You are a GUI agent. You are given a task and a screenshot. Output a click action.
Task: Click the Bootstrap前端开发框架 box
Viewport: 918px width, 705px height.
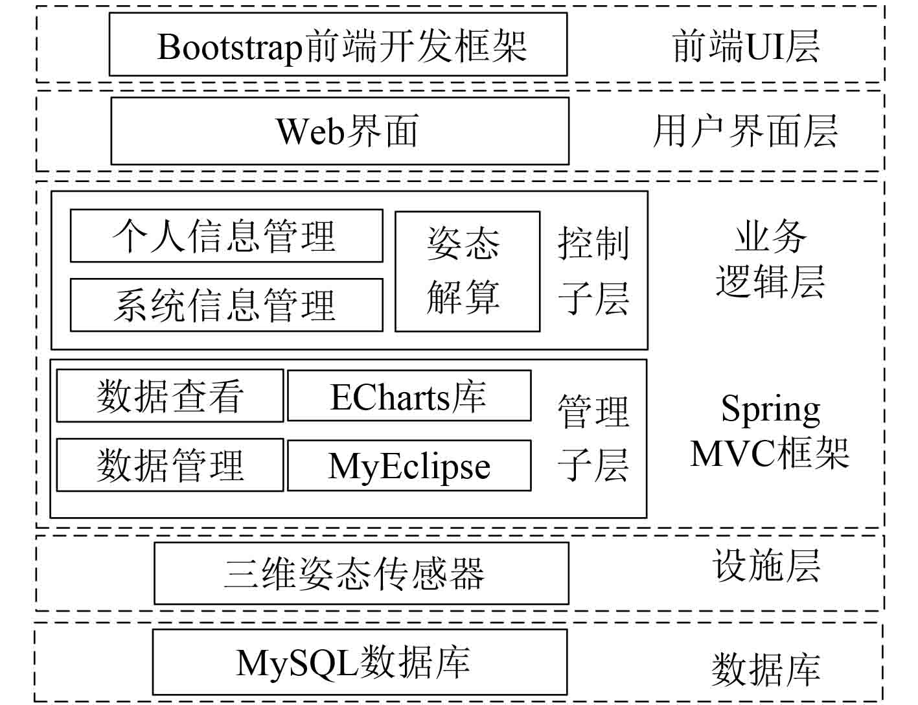pyautogui.click(x=338, y=45)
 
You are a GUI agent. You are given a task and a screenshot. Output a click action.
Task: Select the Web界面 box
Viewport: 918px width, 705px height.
pyautogui.click(x=339, y=131)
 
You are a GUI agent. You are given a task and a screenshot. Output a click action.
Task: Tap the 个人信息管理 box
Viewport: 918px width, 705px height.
pyautogui.click(x=226, y=236)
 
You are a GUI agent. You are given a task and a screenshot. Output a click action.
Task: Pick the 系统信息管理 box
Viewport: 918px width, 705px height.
pyautogui.click(x=226, y=305)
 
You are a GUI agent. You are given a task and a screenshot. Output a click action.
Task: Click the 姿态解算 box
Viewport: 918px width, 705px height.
pyautogui.click(x=467, y=272)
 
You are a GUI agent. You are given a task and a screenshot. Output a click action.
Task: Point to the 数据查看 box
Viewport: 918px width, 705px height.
pyautogui.click(x=170, y=396)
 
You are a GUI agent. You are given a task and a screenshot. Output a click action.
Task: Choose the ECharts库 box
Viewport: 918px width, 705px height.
pyautogui.click(x=409, y=396)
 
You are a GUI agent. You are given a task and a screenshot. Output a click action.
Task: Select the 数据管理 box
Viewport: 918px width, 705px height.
pyautogui.click(x=170, y=465)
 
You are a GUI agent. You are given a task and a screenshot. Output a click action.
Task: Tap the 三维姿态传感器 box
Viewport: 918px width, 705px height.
pyautogui.click(x=361, y=573)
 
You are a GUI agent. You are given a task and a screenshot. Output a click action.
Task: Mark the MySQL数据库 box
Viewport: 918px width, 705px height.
pyautogui.click(x=360, y=662)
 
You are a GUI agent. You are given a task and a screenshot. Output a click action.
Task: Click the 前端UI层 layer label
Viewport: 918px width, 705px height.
pyautogui.click(x=746, y=47)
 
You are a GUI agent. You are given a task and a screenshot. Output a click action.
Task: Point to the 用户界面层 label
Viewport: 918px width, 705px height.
pyautogui.click(x=745, y=131)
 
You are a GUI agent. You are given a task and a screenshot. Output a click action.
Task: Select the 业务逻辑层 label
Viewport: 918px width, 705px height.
pyautogui.click(x=770, y=259)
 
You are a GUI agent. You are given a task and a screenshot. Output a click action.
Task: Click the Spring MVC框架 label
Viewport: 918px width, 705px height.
pyautogui.click(x=770, y=432)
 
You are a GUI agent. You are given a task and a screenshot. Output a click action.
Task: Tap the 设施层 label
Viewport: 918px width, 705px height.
pyautogui.click(x=766, y=566)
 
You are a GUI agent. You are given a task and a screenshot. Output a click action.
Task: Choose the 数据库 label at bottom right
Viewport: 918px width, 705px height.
pyautogui.click(x=766, y=669)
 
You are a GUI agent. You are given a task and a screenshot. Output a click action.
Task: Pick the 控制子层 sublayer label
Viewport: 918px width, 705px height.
pyautogui.click(x=593, y=271)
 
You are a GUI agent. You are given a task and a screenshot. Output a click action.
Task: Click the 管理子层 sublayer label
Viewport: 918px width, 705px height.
pyautogui.click(x=593, y=438)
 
